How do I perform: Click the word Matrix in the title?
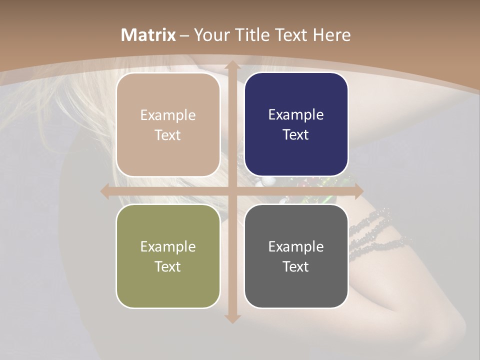pyautogui.click(x=148, y=35)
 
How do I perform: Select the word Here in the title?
pyautogui.click(x=332, y=35)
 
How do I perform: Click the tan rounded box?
pyautogui.click(x=168, y=124)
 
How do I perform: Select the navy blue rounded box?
pyautogui.click(x=296, y=124)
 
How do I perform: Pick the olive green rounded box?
pyautogui.click(x=168, y=256)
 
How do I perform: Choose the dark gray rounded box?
pyautogui.click(x=296, y=256)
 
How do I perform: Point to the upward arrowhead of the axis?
pyautogui.click(x=232, y=65)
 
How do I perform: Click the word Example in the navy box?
pyautogui.click(x=296, y=115)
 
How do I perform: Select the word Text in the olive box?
pyautogui.click(x=167, y=266)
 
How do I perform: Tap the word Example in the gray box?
pyautogui.click(x=296, y=246)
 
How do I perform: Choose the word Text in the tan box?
pyautogui.click(x=167, y=135)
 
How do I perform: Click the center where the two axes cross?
pyautogui.click(x=232, y=191)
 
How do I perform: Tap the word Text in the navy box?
pyautogui.click(x=296, y=135)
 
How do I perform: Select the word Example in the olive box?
pyautogui.click(x=168, y=246)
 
